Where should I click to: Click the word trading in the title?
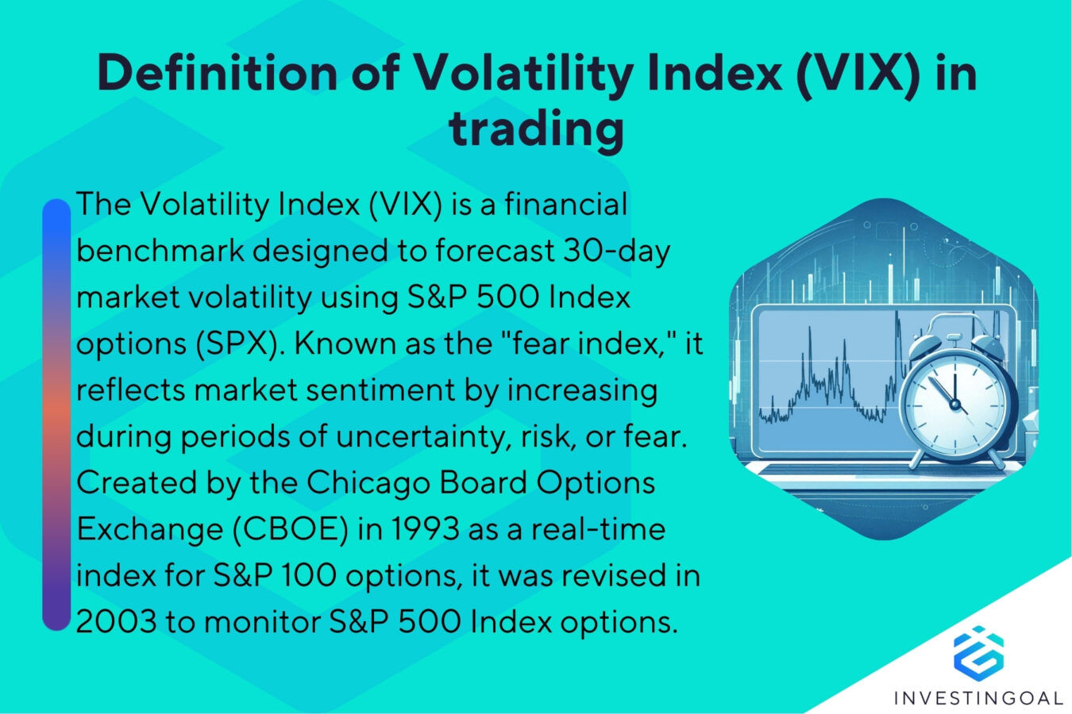tap(536, 129)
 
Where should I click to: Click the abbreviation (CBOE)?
tap(290, 529)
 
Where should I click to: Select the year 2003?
tap(116, 622)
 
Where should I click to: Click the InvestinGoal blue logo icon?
tap(978, 652)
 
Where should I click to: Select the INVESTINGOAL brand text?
tap(978, 698)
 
